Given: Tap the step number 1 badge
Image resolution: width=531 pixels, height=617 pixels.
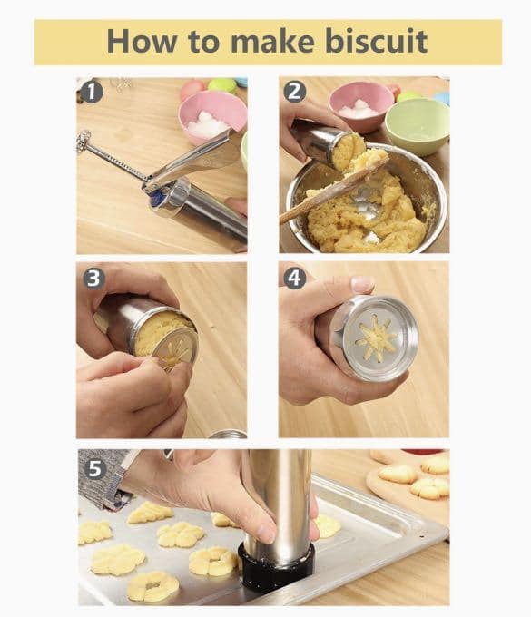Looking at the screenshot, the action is pyautogui.click(x=92, y=92).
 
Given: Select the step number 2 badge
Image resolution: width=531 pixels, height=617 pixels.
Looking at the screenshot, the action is pyautogui.click(x=294, y=92).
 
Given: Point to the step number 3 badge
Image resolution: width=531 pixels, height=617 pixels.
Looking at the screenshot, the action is pyautogui.click(x=93, y=279).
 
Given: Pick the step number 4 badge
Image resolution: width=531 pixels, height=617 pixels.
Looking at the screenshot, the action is pyautogui.click(x=294, y=279).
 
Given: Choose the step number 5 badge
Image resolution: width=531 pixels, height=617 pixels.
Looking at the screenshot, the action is pyautogui.click(x=95, y=468).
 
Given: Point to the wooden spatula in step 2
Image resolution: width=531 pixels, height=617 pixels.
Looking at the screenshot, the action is pyautogui.click(x=332, y=189).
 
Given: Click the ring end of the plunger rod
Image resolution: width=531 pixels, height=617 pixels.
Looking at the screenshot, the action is pyautogui.click(x=84, y=140).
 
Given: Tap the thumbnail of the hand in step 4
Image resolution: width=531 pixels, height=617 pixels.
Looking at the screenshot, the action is pyautogui.click(x=362, y=283).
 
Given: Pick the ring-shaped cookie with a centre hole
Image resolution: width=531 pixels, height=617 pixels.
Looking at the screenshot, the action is pyautogui.click(x=152, y=586).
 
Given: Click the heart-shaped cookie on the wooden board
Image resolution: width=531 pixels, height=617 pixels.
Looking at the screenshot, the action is pyautogui.click(x=398, y=474).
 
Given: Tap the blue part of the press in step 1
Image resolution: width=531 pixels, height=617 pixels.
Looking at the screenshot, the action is pyautogui.click(x=159, y=200).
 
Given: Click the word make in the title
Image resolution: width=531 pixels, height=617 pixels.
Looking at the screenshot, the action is pyautogui.click(x=272, y=41).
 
